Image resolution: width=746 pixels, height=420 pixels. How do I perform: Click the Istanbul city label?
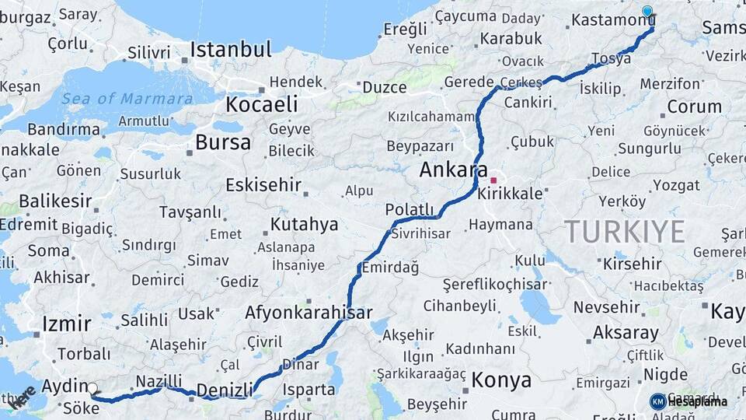(x=231, y=50)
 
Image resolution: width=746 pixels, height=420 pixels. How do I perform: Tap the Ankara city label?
(x=453, y=170)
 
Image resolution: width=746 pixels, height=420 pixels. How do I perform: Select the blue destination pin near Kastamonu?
(x=647, y=12)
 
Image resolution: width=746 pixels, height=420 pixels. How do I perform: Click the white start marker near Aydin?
(x=92, y=388)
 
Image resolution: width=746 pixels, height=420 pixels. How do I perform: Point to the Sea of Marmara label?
(x=127, y=99)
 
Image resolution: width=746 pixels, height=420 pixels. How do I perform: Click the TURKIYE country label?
(x=624, y=231)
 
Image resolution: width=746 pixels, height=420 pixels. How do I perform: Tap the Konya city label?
(x=502, y=380)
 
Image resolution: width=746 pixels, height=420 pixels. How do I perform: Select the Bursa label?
(x=223, y=142)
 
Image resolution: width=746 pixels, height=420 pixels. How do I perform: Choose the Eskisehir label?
(x=263, y=185)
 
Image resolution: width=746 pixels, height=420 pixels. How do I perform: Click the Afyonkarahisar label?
(x=309, y=313)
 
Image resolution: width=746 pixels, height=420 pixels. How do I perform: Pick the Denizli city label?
(x=225, y=390)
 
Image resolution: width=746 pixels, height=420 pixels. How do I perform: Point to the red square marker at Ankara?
(x=493, y=180)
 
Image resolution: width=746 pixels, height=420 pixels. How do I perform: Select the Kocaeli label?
(x=261, y=104)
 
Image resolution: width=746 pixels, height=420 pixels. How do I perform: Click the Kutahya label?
(x=304, y=225)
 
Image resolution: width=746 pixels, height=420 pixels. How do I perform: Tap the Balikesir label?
(x=55, y=201)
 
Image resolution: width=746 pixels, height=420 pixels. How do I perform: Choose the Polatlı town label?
(x=409, y=209)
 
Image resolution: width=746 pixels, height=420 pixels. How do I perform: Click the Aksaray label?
(x=626, y=332)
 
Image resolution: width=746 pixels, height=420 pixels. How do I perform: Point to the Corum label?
(x=694, y=107)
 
